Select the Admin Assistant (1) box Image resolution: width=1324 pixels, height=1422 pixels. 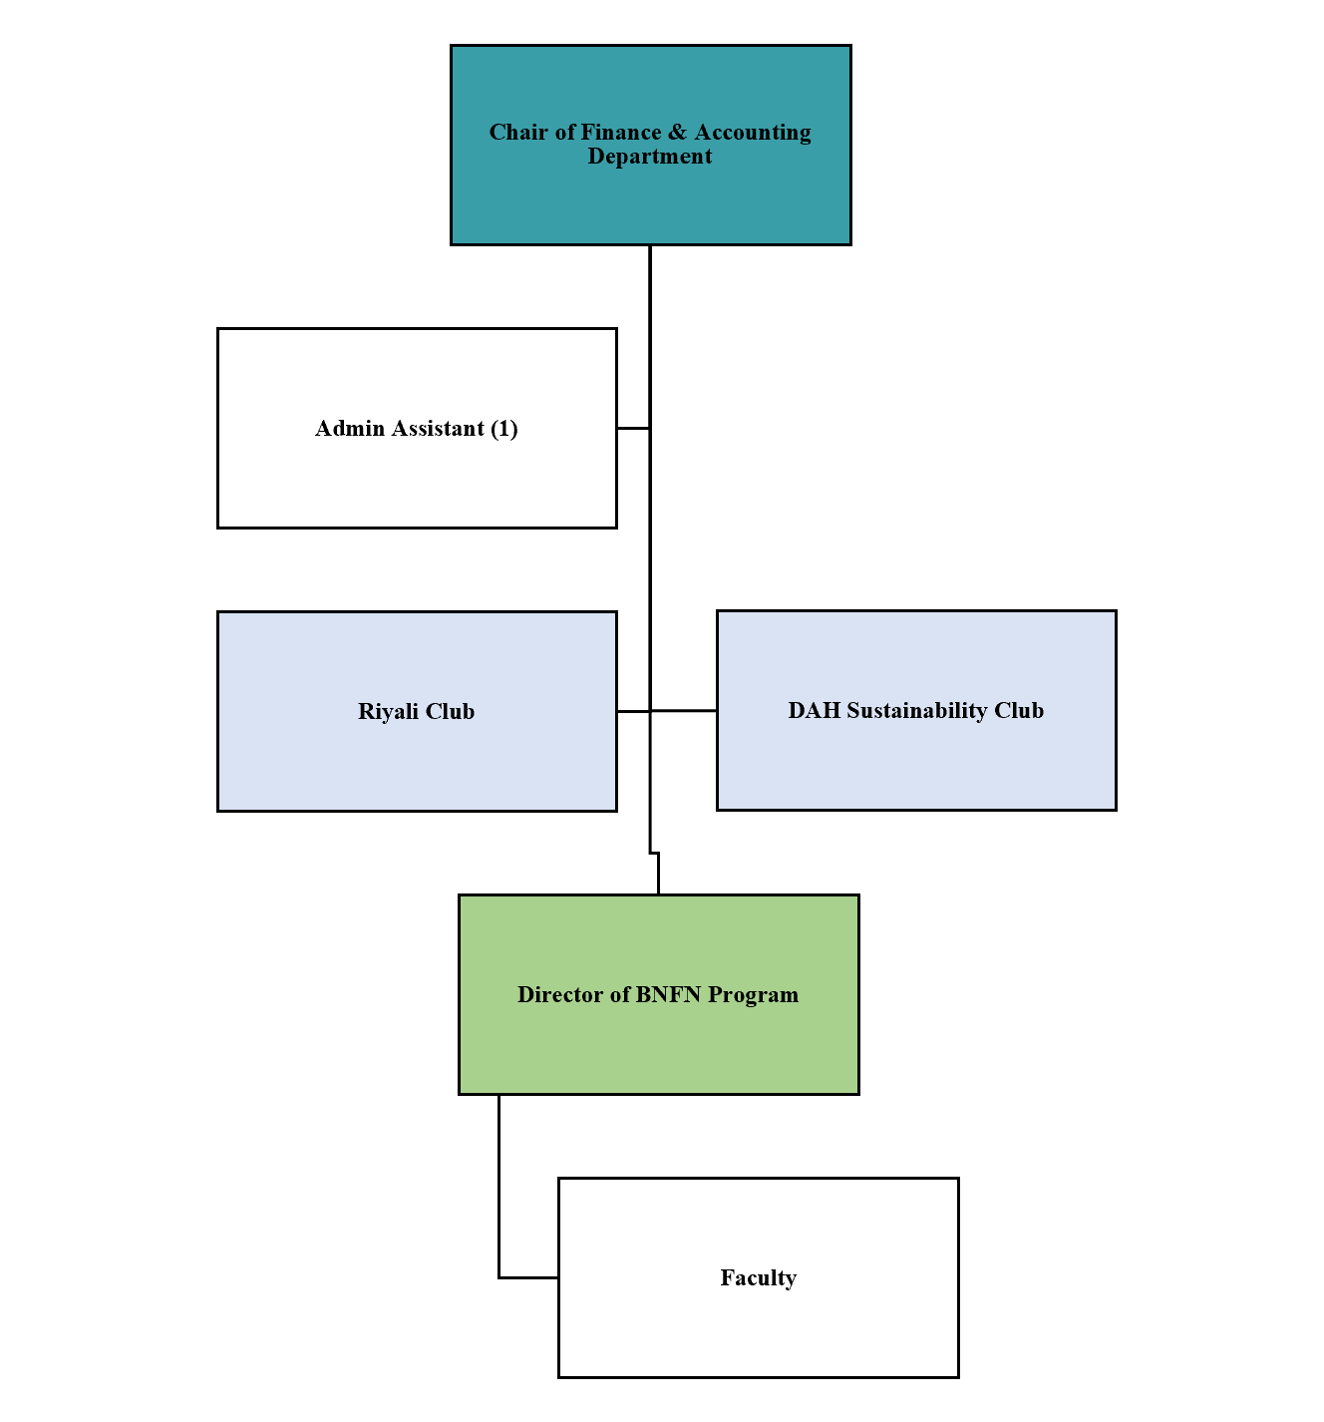tap(417, 479)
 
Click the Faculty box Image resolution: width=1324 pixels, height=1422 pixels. tap(758, 1326)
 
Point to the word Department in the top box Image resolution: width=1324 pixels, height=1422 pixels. tap(650, 157)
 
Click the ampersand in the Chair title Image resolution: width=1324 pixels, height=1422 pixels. tap(678, 133)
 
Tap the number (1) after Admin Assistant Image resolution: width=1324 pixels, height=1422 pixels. tap(504, 429)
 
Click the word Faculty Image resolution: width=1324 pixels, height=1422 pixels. tap(758, 1278)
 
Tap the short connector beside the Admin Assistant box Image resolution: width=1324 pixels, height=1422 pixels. tap(633, 428)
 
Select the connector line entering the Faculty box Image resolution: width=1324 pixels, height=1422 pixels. tap(528, 1277)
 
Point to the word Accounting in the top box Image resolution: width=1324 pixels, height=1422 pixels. tap(753, 133)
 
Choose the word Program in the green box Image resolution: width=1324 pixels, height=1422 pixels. tap(753, 995)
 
